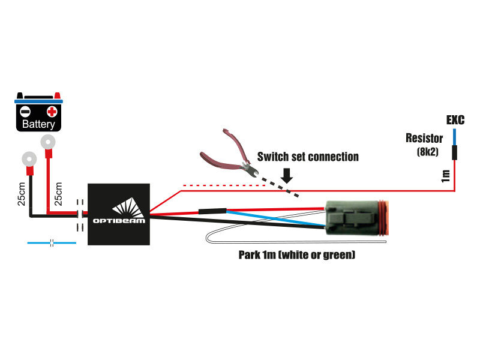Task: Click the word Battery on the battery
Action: pos(38,125)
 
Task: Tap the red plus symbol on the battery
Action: pos(52,112)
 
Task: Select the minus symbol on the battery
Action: pos(25,112)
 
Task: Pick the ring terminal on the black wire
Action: pos(27,160)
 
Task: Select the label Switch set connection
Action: pos(308,157)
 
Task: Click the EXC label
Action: pos(455,120)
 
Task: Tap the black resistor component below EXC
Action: pos(454,152)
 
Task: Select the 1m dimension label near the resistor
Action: pos(445,176)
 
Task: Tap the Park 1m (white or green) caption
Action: pos(296,255)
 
